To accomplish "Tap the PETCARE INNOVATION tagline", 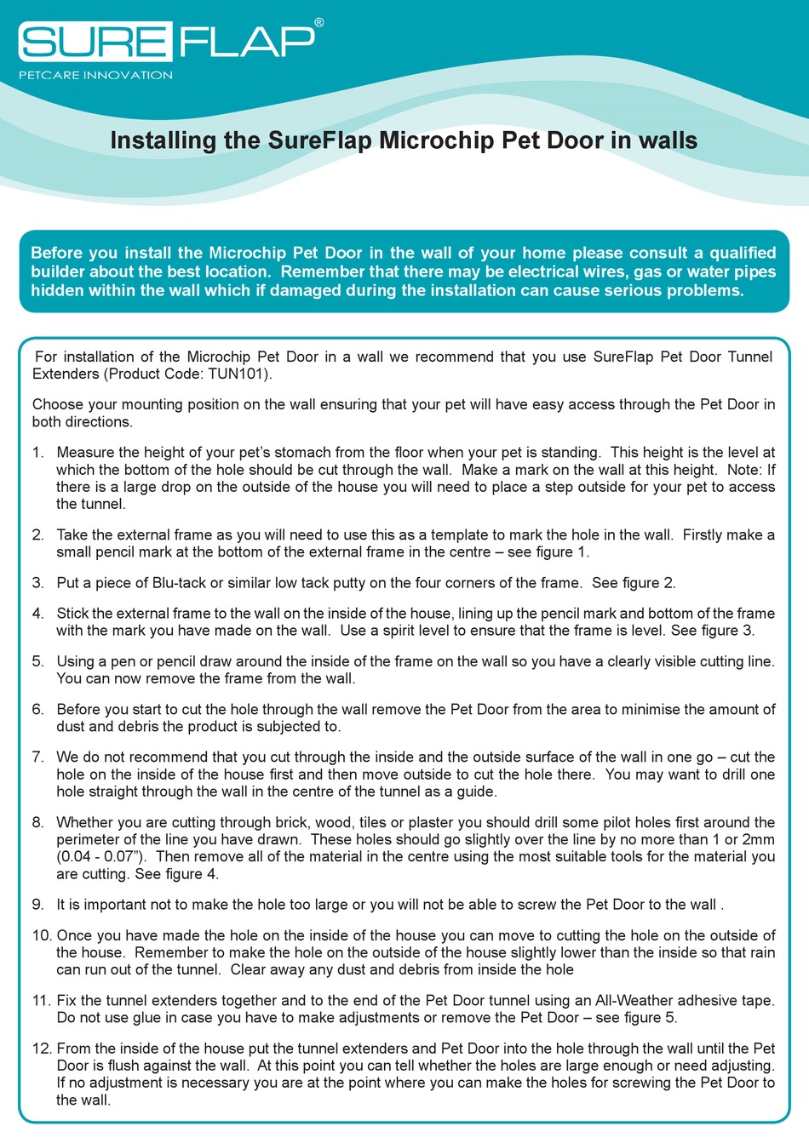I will (x=95, y=75).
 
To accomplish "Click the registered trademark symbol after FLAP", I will (x=318, y=23).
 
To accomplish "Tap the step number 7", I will (x=37, y=757).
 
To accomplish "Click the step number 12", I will (x=42, y=1049).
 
